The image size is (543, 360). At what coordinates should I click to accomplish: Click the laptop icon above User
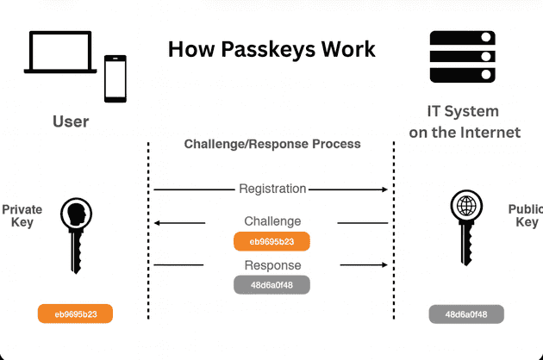(60, 55)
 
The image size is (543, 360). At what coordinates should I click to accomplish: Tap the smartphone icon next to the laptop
(115, 78)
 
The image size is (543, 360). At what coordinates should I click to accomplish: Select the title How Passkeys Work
(271, 48)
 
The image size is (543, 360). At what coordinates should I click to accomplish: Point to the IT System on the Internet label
(475, 122)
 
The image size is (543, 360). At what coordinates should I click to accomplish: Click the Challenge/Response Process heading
(272, 144)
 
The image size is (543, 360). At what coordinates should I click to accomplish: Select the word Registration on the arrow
(272, 189)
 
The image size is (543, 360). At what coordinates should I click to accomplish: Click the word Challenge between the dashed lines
(272, 221)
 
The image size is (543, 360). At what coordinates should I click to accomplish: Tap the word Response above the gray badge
(272, 264)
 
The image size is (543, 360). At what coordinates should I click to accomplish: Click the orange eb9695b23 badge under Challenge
(271, 241)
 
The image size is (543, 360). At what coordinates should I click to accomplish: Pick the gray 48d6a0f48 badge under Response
(271, 283)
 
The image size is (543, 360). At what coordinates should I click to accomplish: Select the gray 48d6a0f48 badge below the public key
(466, 314)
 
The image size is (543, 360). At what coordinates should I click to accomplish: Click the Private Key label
(22, 215)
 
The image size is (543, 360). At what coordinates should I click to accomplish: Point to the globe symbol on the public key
(466, 208)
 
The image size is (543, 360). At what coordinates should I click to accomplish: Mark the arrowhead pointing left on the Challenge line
(158, 223)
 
